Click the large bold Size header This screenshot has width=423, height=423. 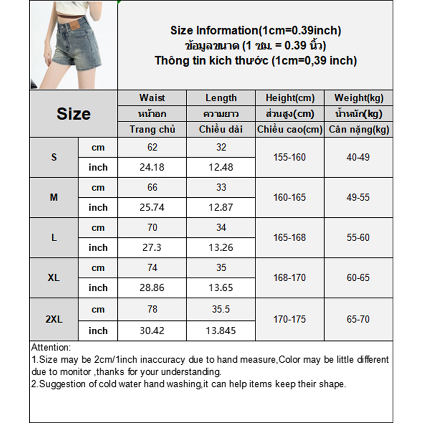tap(73, 114)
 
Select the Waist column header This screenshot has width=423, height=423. tap(152, 98)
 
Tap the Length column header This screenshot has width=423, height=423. tap(221, 98)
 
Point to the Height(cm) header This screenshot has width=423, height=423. tap(290, 98)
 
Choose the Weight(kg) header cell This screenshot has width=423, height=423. tap(359, 98)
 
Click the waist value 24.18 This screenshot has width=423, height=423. tap(152, 168)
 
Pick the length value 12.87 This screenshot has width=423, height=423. tap(221, 208)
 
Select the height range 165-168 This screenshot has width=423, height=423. tap(290, 238)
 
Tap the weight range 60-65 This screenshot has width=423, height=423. tap(358, 278)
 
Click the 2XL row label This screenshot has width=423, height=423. tap(53, 319)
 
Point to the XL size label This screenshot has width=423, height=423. tap(53, 278)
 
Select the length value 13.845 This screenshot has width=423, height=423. tap(221, 331)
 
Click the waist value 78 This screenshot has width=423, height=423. tap(152, 309)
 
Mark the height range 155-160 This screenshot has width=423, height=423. tap(290, 158)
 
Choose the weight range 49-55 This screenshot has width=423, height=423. tap(358, 198)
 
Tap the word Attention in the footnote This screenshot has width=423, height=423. tap(50, 348)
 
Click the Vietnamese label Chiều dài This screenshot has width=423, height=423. tap(221, 130)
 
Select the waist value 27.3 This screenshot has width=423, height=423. tap(152, 248)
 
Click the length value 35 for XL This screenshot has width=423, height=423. tap(221, 268)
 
